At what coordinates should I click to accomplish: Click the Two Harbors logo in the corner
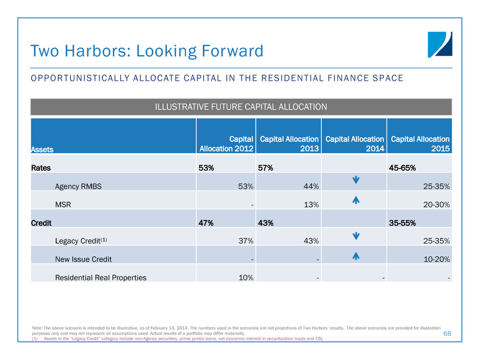(440, 44)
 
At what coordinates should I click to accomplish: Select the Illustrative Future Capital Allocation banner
(241, 107)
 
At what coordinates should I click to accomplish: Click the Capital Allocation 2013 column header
(289, 143)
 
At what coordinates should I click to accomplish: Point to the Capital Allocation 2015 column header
(420, 143)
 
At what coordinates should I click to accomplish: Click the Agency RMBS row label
(78, 186)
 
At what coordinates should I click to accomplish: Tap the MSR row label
(62, 205)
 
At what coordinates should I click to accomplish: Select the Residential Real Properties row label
(101, 278)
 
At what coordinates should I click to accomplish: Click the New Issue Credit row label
(83, 259)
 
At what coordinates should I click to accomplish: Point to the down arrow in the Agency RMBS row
(355, 182)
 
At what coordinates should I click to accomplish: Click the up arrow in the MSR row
(355, 201)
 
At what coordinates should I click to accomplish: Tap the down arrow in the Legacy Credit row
(355, 237)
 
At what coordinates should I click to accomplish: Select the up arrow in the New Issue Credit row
(355, 255)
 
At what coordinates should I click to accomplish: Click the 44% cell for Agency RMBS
(311, 186)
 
